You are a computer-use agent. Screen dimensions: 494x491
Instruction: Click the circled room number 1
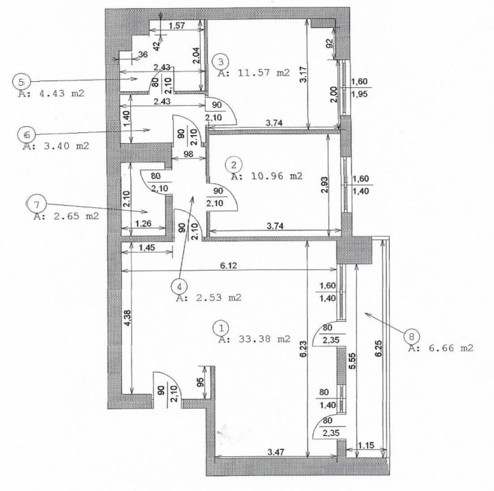(221, 328)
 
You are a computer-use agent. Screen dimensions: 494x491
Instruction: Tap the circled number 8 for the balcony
(411, 337)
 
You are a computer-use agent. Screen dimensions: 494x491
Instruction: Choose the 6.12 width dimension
(228, 266)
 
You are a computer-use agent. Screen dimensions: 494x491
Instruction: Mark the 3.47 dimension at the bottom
(275, 452)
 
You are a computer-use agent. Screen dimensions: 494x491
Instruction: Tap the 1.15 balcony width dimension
(366, 445)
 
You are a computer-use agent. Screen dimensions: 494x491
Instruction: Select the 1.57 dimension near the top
(176, 25)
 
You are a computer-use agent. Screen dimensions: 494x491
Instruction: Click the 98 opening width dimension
(188, 154)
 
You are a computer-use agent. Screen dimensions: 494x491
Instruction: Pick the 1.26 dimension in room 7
(143, 224)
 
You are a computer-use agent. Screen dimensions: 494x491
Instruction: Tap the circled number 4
(179, 286)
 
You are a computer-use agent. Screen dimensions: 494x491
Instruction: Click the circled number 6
(27, 135)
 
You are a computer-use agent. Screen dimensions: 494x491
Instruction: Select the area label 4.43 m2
(51, 93)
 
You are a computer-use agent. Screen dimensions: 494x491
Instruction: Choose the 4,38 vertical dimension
(127, 318)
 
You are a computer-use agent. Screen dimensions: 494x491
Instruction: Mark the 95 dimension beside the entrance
(200, 382)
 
